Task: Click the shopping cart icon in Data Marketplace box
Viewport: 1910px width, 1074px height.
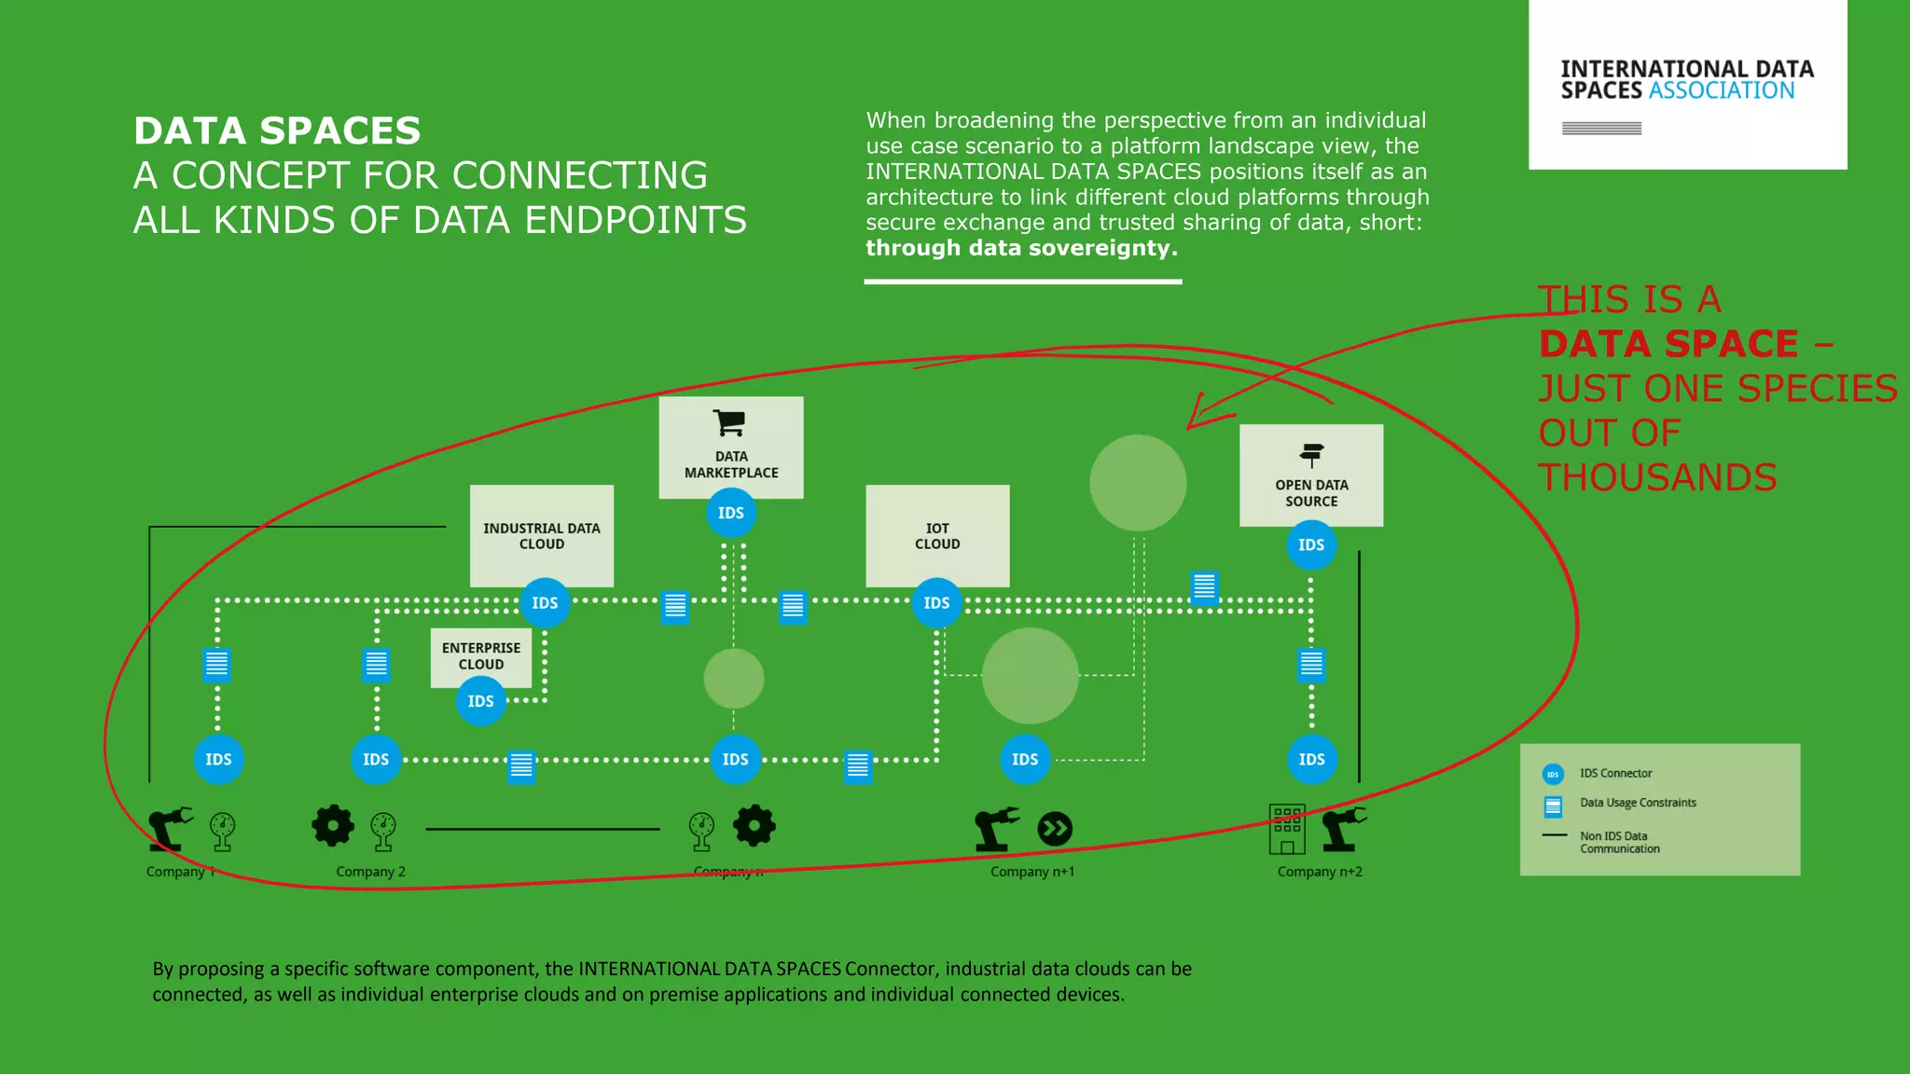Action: tap(729, 422)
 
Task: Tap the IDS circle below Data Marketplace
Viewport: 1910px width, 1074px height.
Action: tap(731, 513)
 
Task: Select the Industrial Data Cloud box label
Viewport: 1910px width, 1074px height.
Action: tap(541, 536)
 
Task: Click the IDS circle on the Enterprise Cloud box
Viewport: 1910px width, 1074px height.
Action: tap(480, 701)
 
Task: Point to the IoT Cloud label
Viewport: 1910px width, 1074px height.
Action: tap(937, 536)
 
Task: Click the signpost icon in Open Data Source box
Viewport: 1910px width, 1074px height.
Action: tap(1311, 455)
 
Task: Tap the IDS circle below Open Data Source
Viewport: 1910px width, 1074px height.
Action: tap(1311, 544)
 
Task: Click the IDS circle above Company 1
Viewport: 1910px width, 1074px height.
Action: tap(218, 759)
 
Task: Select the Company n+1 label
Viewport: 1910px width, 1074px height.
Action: tap(1032, 872)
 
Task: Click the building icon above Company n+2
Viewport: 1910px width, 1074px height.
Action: tap(1287, 829)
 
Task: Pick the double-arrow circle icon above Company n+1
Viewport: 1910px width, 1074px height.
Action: tap(1055, 829)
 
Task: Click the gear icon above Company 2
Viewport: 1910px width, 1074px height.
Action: tap(333, 825)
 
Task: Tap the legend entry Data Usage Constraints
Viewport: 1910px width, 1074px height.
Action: tap(1638, 803)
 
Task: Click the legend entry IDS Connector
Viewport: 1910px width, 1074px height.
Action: tap(1615, 773)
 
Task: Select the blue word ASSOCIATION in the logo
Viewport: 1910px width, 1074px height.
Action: tap(1722, 90)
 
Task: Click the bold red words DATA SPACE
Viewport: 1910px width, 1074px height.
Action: tap(1668, 344)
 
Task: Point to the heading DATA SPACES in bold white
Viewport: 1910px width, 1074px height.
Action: tap(277, 131)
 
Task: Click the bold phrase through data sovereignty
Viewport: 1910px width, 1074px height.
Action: tap(1021, 248)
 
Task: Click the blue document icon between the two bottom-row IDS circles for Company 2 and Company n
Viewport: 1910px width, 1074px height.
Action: tap(521, 766)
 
